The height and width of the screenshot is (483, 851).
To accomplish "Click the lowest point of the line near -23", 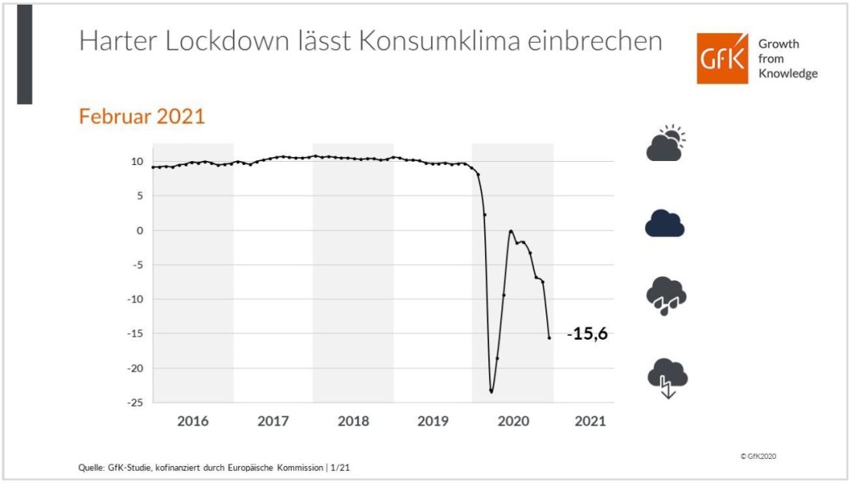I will click(491, 391).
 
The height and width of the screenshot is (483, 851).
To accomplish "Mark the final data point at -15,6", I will click(549, 337).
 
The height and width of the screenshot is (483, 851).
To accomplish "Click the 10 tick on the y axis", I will click(137, 162).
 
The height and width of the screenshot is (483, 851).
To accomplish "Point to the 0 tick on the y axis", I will click(140, 231).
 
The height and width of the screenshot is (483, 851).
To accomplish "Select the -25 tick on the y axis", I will click(135, 402).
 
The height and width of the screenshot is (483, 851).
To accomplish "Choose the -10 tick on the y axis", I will click(135, 300).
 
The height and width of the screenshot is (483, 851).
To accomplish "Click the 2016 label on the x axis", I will click(193, 422).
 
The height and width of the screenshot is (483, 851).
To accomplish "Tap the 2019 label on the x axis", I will click(432, 422).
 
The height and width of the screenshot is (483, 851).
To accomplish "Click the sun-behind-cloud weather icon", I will click(665, 143).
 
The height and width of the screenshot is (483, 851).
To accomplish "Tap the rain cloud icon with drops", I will click(665, 297).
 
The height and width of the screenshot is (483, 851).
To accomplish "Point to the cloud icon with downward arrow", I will click(667, 377).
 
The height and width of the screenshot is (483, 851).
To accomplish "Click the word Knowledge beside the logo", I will click(788, 74).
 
